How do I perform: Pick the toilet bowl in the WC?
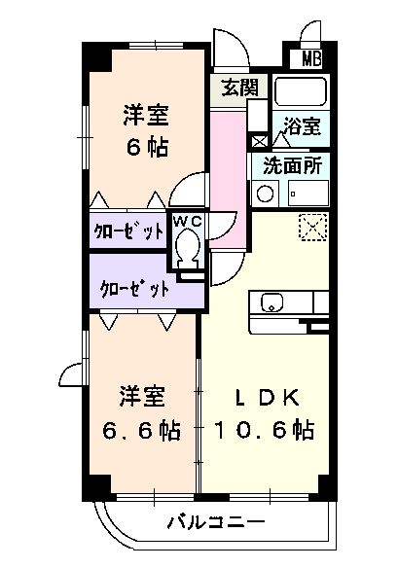click(188, 252)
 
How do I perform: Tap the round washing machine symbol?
click(264, 194)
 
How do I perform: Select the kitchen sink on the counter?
click(270, 302)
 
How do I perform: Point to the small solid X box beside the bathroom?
click(259, 141)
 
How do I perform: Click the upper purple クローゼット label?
click(127, 231)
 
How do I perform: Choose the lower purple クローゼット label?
click(135, 288)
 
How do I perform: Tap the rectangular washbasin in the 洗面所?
click(308, 194)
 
